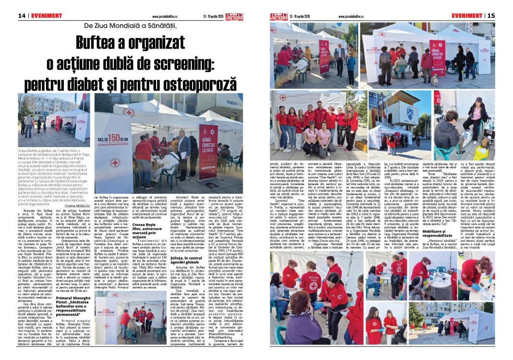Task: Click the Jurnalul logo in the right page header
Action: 278,16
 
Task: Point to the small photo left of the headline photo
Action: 54,117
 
